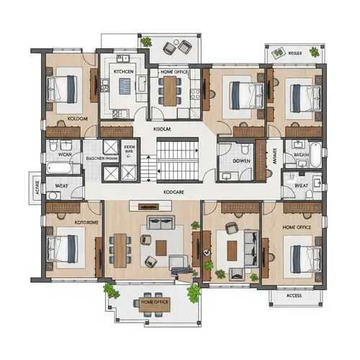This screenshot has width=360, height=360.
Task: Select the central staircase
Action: (178, 161)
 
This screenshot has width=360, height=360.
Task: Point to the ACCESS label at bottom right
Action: (294, 295)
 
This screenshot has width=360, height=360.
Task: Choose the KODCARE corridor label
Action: (177, 193)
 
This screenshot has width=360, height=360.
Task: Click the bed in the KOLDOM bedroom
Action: (63, 89)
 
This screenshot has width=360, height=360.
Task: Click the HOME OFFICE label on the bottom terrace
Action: (155, 302)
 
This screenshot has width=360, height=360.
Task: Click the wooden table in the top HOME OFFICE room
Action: (170, 89)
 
